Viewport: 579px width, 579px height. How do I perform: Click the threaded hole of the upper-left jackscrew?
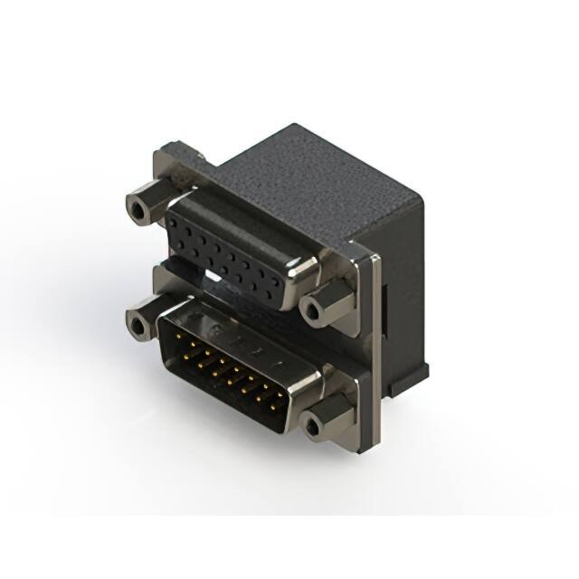[138, 211]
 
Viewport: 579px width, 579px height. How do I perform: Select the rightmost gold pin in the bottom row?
[270, 398]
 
